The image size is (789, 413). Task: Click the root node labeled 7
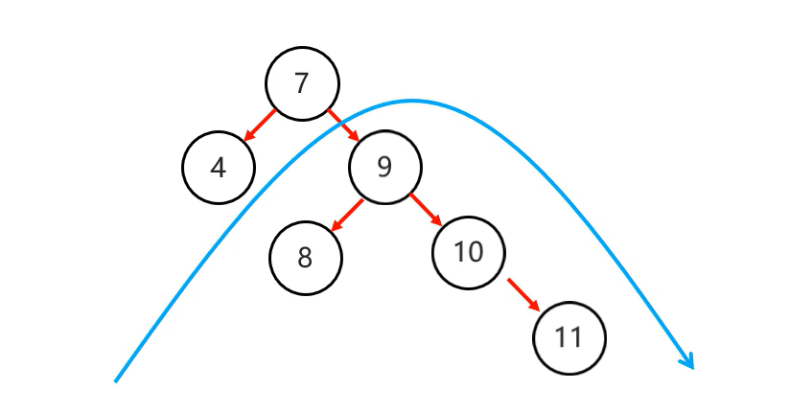click(302, 84)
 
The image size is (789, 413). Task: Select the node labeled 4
click(219, 168)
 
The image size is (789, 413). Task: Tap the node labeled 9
click(384, 168)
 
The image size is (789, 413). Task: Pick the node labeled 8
click(305, 257)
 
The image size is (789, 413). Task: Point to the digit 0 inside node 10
click(475, 252)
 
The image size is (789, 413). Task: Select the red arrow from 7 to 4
click(261, 126)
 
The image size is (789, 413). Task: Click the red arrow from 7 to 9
click(342, 126)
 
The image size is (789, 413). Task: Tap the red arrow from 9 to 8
click(347, 215)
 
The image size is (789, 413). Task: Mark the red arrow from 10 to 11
click(523, 294)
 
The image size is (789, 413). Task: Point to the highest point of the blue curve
click(412, 100)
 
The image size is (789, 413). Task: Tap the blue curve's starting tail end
click(116, 380)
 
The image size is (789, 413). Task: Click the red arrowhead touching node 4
click(249, 137)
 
